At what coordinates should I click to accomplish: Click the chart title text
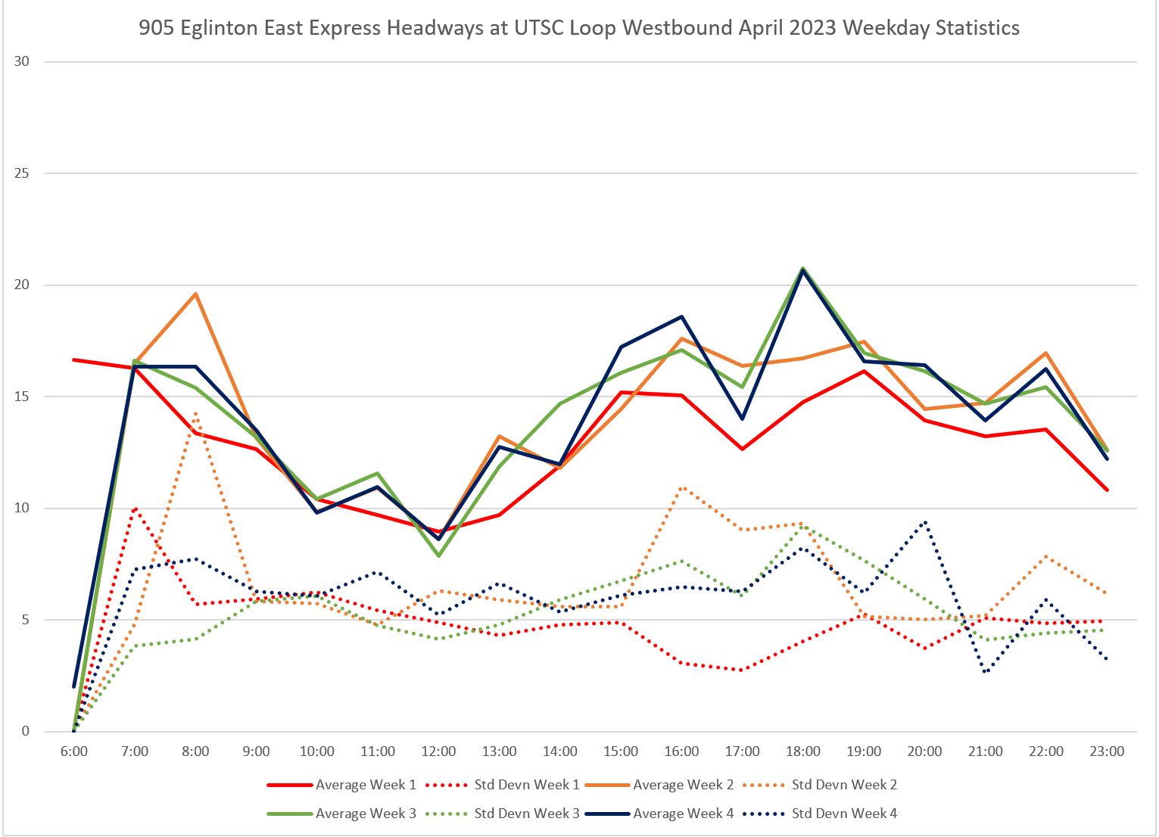pyautogui.click(x=579, y=29)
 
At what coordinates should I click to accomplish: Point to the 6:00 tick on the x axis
pyautogui.click(x=73, y=751)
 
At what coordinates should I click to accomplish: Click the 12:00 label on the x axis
pyautogui.click(x=438, y=751)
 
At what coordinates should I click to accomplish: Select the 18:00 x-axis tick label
pyautogui.click(x=803, y=751)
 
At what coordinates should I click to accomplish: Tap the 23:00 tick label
pyautogui.click(x=1107, y=751)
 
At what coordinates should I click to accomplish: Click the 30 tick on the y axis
pyautogui.click(x=21, y=61)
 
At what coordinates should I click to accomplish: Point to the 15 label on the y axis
pyautogui.click(x=21, y=397)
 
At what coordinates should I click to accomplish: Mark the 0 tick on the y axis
pyautogui.click(x=25, y=732)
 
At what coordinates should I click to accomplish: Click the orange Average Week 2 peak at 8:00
pyautogui.click(x=195, y=294)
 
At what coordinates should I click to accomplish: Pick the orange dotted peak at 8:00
pyautogui.click(x=195, y=413)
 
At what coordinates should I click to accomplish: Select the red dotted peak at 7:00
pyautogui.click(x=135, y=508)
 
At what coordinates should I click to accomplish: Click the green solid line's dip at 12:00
pyautogui.click(x=438, y=555)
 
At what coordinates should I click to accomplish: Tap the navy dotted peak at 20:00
pyautogui.click(x=925, y=521)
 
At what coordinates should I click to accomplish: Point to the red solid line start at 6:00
pyautogui.click(x=74, y=359)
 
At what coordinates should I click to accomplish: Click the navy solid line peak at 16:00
pyautogui.click(x=681, y=316)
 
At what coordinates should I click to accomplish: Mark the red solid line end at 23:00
pyautogui.click(x=1107, y=490)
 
